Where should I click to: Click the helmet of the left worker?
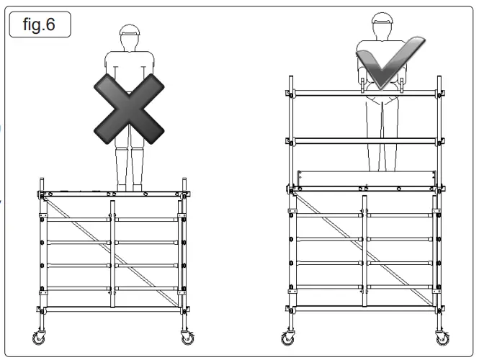[x=128, y=30]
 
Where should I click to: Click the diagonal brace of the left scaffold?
[x=115, y=252]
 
